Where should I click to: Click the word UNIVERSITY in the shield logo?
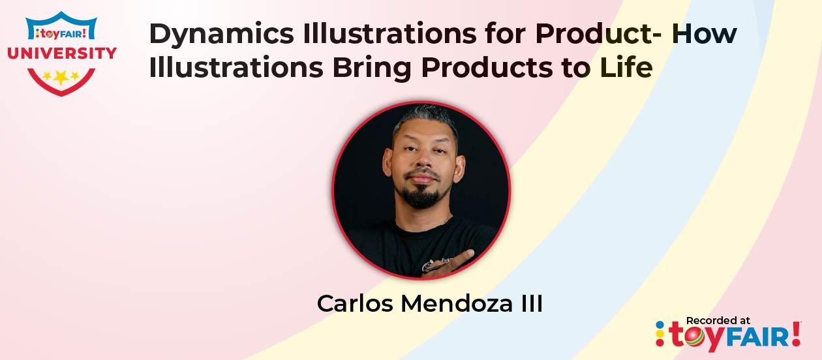(62, 53)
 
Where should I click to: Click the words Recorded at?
(718, 320)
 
